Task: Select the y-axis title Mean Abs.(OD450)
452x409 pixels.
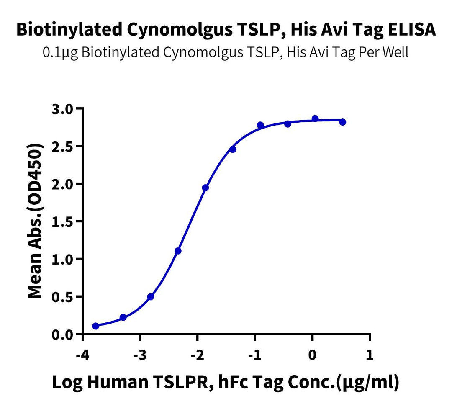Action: [x=36, y=221]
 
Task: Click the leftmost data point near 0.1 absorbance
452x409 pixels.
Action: [x=95, y=326]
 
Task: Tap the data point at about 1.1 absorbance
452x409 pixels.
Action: [x=178, y=251]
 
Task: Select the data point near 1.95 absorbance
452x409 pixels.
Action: [x=205, y=188]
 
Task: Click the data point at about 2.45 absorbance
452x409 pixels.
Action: [x=233, y=149]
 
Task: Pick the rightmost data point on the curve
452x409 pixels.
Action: [x=342, y=122]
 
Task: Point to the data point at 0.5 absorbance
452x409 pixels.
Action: [x=151, y=297]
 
